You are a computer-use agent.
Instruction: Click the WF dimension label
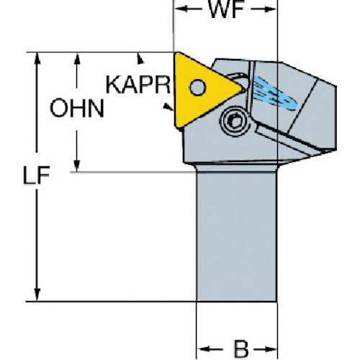(x=226, y=9)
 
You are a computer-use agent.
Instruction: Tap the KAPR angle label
(x=138, y=84)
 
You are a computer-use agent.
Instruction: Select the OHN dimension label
(x=77, y=108)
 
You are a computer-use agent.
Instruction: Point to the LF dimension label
(x=37, y=175)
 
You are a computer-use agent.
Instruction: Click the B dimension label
(x=241, y=349)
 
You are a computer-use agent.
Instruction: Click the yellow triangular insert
(x=204, y=89)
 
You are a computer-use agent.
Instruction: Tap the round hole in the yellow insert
(x=198, y=87)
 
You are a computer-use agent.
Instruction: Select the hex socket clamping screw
(x=235, y=122)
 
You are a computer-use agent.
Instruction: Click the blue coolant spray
(x=275, y=94)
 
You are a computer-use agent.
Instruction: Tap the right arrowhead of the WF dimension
(x=270, y=9)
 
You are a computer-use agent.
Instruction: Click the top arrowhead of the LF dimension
(x=37, y=59)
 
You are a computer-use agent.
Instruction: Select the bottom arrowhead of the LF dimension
(x=37, y=294)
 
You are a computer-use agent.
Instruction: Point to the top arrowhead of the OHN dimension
(x=77, y=59)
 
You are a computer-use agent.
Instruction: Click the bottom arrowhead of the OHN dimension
(x=77, y=166)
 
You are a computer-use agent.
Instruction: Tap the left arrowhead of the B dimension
(x=203, y=348)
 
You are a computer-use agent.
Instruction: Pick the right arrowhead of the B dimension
(x=271, y=349)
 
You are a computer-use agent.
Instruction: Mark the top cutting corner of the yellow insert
(x=176, y=53)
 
